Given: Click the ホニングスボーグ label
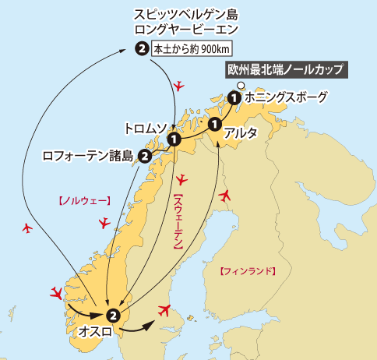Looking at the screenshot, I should [282, 98].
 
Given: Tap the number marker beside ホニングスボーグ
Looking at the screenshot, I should [234, 98].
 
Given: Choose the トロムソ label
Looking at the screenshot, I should [148, 125].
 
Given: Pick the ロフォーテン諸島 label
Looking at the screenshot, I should [89, 155].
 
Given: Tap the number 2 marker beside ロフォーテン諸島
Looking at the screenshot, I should [145, 155].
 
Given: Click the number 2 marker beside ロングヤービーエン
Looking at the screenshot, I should [141, 49].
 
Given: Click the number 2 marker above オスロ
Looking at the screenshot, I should [114, 316].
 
